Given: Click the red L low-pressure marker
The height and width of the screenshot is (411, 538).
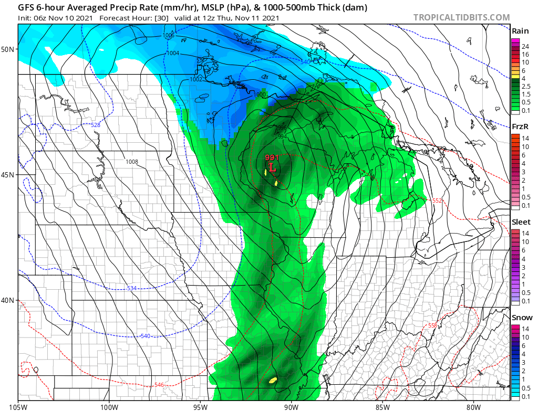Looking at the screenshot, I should (x=272, y=168).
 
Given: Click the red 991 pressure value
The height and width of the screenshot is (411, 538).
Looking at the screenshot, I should (x=271, y=158).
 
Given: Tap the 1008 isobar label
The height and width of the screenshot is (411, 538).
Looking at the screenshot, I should (x=132, y=162).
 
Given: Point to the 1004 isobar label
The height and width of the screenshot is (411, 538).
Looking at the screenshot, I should (x=173, y=54).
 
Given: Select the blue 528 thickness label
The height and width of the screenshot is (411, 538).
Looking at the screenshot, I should (x=95, y=125).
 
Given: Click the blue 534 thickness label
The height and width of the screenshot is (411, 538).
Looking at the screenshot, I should (x=132, y=288).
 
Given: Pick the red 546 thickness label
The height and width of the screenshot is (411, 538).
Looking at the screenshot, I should (x=160, y=385).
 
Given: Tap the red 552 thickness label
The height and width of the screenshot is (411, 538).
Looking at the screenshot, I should (x=437, y=201).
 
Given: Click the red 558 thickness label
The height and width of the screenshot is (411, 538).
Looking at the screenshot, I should (x=432, y=325).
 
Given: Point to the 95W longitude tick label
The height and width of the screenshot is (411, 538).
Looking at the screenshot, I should (x=200, y=406).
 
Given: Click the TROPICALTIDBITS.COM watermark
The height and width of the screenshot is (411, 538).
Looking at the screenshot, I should (x=461, y=17).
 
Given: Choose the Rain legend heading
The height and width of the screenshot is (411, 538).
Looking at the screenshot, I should (x=520, y=31).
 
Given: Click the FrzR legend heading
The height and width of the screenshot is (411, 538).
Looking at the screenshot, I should (x=520, y=127).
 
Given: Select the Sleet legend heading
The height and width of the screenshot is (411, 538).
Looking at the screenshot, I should (x=521, y=222).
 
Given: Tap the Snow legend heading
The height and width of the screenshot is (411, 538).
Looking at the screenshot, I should (x=522, y=318).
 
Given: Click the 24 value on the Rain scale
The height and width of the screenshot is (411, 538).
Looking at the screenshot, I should (x=524, y=47).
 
